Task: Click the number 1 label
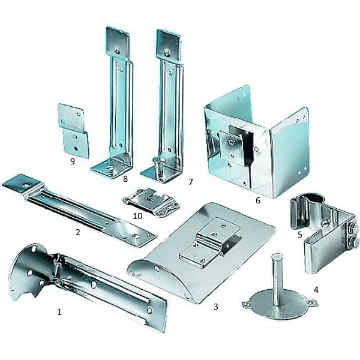pyautogui.click(x=59, y=312)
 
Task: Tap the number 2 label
pyautogui.click(x=78, y=232)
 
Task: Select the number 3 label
pyautogui.click(x=215, y=307)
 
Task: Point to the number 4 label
pyautogui.click(x=316, y=290)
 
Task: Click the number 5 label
pyautogui.click(x=299, y=235)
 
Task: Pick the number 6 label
pyautogui.click(x=258, y=200)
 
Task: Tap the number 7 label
pyautogui.click(x=191, y=182)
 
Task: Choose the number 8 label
pyautogui.click(x=125, y=179)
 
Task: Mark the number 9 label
pyautogui.click(x=73, y=161)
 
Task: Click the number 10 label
pyautogui.click(x=137, y=216)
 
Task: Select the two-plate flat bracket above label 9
pyautogui.click(x=73, y=131)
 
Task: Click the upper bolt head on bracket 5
pyautogui.click(x=354, y=229)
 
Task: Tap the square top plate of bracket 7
pyautogui.click(x=169, y=45)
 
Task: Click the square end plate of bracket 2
pyautogui.click(x=22, y=184)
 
